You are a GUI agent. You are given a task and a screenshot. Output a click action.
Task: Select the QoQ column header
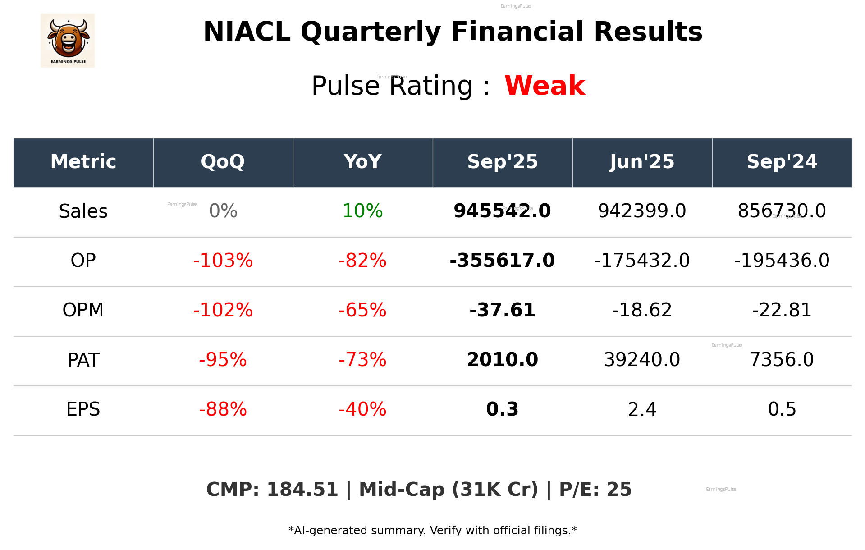(x=223, y=162)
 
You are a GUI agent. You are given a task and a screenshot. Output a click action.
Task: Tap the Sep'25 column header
(x=503, y=162)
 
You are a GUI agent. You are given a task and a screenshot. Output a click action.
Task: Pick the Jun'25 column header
(x=642, y=162)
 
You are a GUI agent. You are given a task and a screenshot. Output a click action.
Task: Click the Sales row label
(x=83, y=211)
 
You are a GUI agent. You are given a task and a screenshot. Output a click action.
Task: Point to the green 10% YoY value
(x=362, y=211)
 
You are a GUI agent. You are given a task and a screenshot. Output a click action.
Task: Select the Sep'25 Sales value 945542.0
(x=502, y=211)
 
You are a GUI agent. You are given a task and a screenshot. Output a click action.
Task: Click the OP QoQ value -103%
(x=223, y=261)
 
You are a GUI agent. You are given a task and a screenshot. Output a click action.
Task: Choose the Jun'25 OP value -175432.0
(x=642, y=261)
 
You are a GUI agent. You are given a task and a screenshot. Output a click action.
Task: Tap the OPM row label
(x=83, y=310)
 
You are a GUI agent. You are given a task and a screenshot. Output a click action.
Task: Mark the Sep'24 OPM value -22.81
(x=782, y=310)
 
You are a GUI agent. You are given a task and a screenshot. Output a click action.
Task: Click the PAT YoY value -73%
(x=362, y=360)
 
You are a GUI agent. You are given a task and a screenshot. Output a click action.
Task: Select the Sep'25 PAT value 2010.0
(x=502, y=360)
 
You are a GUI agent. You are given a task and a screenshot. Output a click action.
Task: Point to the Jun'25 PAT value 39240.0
(x=642, y=360)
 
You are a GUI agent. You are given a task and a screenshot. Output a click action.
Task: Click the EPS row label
(x=83, y=409)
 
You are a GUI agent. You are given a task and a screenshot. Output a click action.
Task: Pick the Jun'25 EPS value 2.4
(x=642, y=409)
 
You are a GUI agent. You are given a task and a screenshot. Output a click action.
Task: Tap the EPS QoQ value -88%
(x=223, y=409)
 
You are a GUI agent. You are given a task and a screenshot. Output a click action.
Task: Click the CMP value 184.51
(x=302, y=490)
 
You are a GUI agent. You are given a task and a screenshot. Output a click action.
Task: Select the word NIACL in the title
(x=247, y=32)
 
